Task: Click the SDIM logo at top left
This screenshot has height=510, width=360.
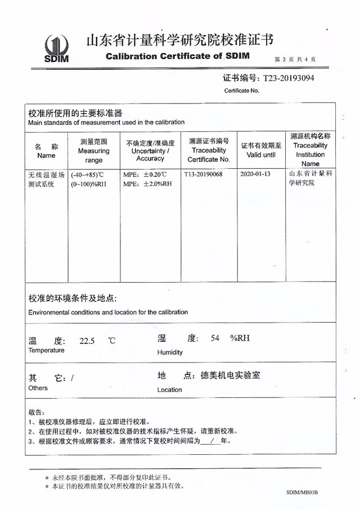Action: pyautogui.click(x=56, y=50)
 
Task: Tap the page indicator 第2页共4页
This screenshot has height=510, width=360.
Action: pyautogui.click(x=295, y=59)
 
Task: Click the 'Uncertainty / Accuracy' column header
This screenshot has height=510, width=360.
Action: pyautogui.click(x=150, y=151)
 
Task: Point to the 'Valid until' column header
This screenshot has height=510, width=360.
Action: pyautogui.click(x=261, y=150)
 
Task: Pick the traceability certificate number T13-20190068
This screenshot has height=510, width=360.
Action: pyautogui.click(x=203, y=175)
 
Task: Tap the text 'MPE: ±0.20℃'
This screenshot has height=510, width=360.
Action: pyautogui.click(x=144, y=175)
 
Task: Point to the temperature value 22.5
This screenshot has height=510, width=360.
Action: pyautogui.click(x=87, y=341)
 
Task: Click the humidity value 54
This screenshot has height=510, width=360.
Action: pyautogui.click(x=215, y=338)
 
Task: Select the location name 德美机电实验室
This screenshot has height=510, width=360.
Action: pyautogui.click(x=233, y=375)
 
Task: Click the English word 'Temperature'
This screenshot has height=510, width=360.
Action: pyautogui.click(x=46, y=351)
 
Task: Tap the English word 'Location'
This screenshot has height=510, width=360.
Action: pyautogui.click(x=169, y=390)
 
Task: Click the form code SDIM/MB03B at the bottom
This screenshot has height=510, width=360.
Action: pyautogui.click(x=301, y=492)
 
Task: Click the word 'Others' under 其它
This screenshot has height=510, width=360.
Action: pyautogui.click(x=38, y=388)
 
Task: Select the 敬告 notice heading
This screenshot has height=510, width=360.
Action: pyautogui.click(x=34, y=411)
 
